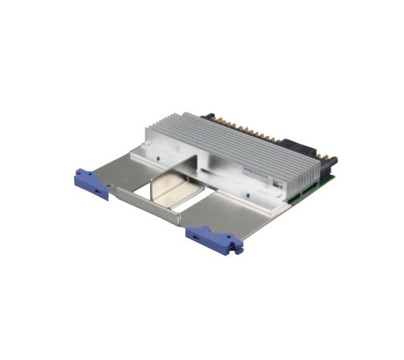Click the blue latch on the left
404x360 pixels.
click(90, 184)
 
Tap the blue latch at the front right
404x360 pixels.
click(213, 237)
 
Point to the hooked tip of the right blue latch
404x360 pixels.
click(237, 249)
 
